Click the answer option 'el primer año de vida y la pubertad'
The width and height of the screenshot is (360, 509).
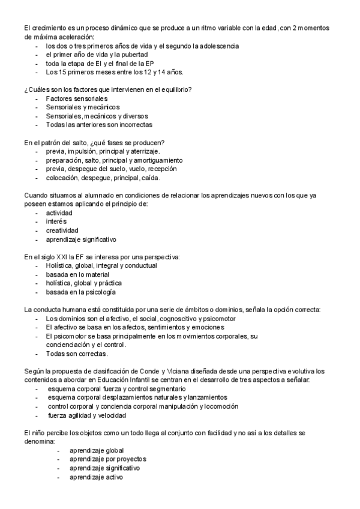[x=95, y=55]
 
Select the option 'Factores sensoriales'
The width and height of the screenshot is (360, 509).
[x=76, y=98]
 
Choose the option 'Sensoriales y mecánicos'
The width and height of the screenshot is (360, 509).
[x=83, y=107]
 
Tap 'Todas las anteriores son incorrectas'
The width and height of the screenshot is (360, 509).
[x=99, y=125]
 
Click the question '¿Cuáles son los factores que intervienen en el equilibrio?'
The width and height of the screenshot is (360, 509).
[x=108, y=89]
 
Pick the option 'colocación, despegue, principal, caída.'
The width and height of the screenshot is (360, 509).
[x=103, y=178]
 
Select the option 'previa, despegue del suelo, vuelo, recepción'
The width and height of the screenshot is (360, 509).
[x=111, y=169]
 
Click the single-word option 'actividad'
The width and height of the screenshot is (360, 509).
[x=59, y=213]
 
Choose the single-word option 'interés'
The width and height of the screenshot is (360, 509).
[x=56, y=222]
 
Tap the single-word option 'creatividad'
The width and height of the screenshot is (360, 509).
[x=62, y=230]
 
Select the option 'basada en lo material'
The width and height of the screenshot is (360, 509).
[x=77, y=274]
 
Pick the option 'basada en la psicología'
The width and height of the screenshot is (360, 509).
[x=80, y=292]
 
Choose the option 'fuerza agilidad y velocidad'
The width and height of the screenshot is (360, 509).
[x=88, y=415]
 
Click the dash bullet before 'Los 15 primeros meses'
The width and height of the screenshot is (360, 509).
[x=37, y=72]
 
